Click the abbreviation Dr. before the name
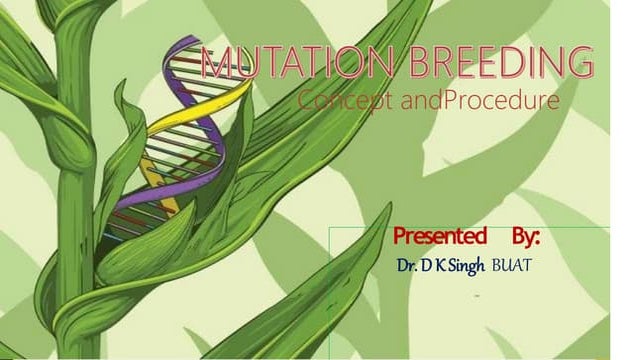(409, 267)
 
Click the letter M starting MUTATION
(215, 64)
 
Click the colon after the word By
(538, 240)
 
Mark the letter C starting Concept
(306, 101)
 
